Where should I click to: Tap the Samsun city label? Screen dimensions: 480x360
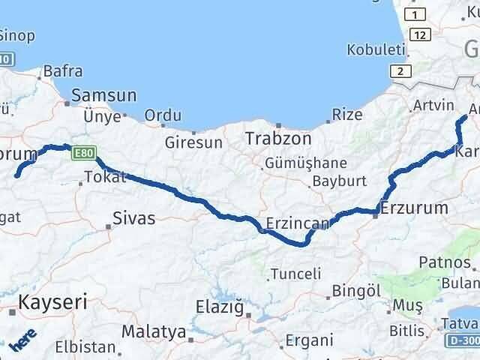104,96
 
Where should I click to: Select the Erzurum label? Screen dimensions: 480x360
415,208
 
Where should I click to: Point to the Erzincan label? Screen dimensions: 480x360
298,223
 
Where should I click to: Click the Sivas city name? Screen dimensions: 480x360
133,218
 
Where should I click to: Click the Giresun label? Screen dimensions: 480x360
194,142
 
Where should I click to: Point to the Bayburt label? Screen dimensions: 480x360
339,181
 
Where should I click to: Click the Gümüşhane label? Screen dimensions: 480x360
304,163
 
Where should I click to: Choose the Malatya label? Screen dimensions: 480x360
154,331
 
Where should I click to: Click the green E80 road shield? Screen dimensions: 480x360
83,154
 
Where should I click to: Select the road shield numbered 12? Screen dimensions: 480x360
420,34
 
